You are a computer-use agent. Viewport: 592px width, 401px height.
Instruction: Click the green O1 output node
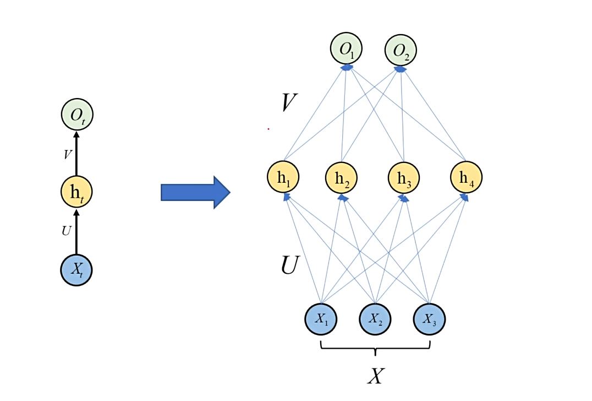[347, 49]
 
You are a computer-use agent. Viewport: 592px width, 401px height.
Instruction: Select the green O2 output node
[401, 50]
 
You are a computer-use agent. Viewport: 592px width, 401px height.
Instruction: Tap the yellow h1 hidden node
[284, 177]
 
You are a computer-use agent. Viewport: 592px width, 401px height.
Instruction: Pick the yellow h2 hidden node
[342, 178]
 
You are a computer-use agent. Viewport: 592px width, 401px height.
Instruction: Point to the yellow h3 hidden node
[404, 178]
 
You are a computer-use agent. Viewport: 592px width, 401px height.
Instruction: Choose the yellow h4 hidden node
[467, 177]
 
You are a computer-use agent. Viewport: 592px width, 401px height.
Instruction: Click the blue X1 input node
[321, 318]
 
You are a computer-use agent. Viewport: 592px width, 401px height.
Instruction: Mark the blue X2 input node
[375, 318]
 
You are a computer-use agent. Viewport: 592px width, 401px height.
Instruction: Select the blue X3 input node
[429, 318]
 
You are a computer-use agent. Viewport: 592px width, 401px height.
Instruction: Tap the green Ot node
[76, 115]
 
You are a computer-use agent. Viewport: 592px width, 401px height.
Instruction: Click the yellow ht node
[76, 192]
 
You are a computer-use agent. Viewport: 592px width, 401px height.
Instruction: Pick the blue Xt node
[76, 270]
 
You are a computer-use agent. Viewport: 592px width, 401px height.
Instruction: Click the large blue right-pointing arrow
[195, 192]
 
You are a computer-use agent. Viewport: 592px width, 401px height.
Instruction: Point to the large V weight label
[289, 103]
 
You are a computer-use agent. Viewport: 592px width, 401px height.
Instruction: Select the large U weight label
[289, 265]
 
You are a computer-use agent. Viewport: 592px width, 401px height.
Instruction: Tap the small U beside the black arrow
[67, 231]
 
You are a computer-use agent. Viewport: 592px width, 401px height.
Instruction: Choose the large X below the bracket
[375, 376]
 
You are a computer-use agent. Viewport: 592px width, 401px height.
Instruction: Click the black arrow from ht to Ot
[76, 154]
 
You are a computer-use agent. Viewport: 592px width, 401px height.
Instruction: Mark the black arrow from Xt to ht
[76, 231]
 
